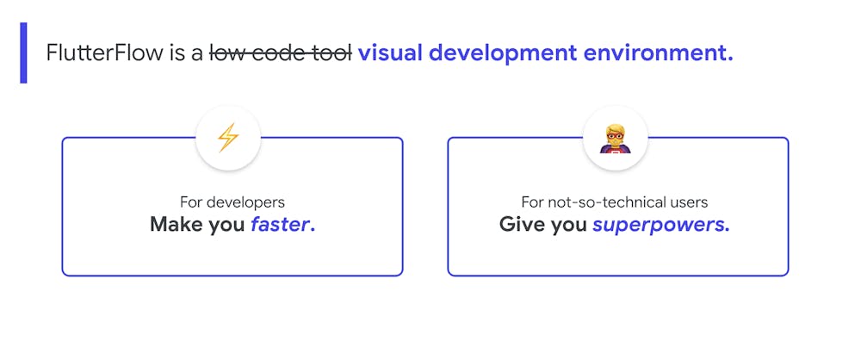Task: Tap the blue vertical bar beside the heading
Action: click(23, 53)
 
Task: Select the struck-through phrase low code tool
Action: click(281, 53)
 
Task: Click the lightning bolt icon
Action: click(227, 138)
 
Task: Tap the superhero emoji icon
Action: click(615, 138)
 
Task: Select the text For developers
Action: click(232, 202)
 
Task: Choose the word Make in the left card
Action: click(176, 225)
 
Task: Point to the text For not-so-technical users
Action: click(614, 202)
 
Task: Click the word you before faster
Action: click(226, 226)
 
